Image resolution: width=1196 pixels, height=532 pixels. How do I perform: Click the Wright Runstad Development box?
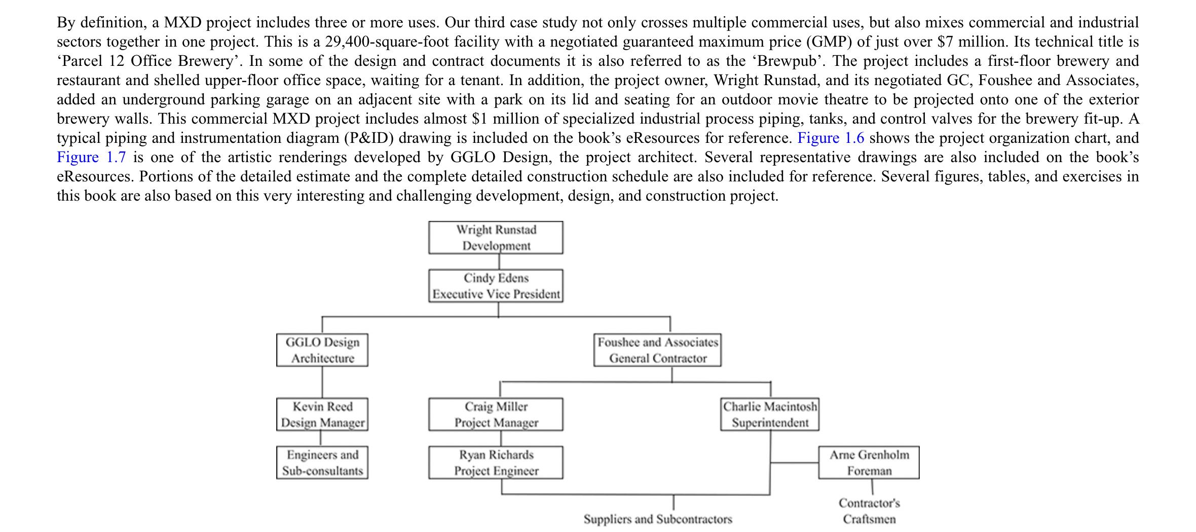point(496,238)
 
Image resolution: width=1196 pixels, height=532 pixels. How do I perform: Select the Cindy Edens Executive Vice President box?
point(496,286)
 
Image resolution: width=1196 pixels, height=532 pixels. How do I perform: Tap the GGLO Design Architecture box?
point(322,350)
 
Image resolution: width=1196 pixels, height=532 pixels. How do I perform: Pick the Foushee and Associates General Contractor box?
point(657,350)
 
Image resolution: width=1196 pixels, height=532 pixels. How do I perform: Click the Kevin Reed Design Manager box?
point(322,414)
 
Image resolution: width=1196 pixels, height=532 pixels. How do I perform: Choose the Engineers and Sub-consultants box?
point(322,463)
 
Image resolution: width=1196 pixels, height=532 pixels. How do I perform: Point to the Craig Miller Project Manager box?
point(496,414)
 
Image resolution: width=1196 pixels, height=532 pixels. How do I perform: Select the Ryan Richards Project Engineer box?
point(496,463)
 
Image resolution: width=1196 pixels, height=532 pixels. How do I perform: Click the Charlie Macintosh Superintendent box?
point(770,414)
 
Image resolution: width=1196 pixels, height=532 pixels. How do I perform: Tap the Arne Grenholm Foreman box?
point(869,463)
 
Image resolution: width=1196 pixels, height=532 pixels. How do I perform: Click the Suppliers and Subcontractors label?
point(657,519)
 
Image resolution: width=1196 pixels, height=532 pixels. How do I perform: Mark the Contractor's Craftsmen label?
point(869,511)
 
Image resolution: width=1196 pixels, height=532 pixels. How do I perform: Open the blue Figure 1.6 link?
point(831,138)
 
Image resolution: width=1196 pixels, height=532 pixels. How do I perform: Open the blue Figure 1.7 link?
point(91,157)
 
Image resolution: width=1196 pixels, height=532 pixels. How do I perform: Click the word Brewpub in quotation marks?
point(787,61)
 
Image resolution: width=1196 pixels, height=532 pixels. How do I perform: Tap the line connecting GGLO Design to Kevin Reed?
point(322,382)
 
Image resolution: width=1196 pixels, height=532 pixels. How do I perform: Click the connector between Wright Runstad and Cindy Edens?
point(499,261)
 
